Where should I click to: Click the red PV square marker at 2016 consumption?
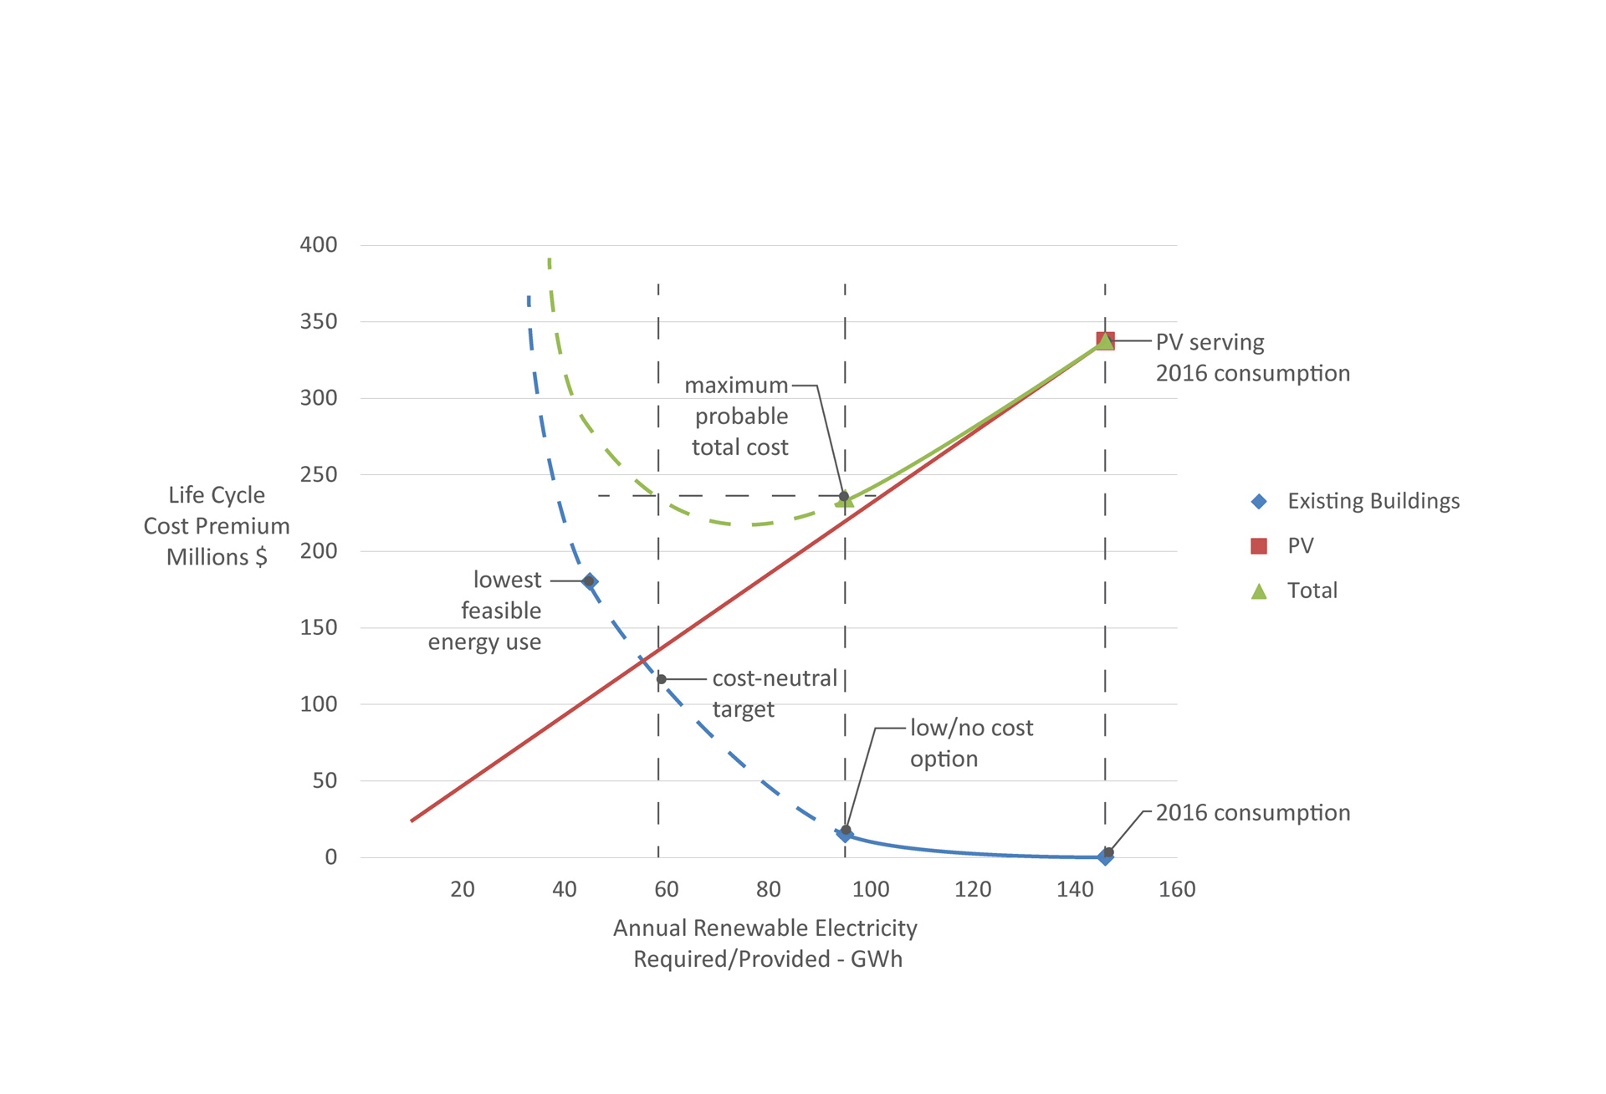(1105, 341)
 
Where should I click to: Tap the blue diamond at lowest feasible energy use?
(590, 581)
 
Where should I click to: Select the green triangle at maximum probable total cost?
(845, 500)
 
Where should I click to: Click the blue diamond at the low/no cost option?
(845, 833)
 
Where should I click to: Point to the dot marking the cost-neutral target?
(662, 679)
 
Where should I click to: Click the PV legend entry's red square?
(1259, 546)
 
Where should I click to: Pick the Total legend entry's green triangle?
(1259, 591)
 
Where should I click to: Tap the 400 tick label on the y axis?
(319, 245)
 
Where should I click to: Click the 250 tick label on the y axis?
(319, 475)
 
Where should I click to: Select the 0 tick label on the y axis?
(331, 857)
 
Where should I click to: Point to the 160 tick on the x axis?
(1177, 889)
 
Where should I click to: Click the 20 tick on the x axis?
(463, 889)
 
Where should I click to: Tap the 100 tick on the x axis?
(871, 889)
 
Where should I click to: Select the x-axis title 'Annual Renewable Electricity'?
(765, 928)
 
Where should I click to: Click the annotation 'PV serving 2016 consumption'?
(1252, 358)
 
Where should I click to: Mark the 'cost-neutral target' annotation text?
(775, 693)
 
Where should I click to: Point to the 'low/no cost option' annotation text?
(971, 743)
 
